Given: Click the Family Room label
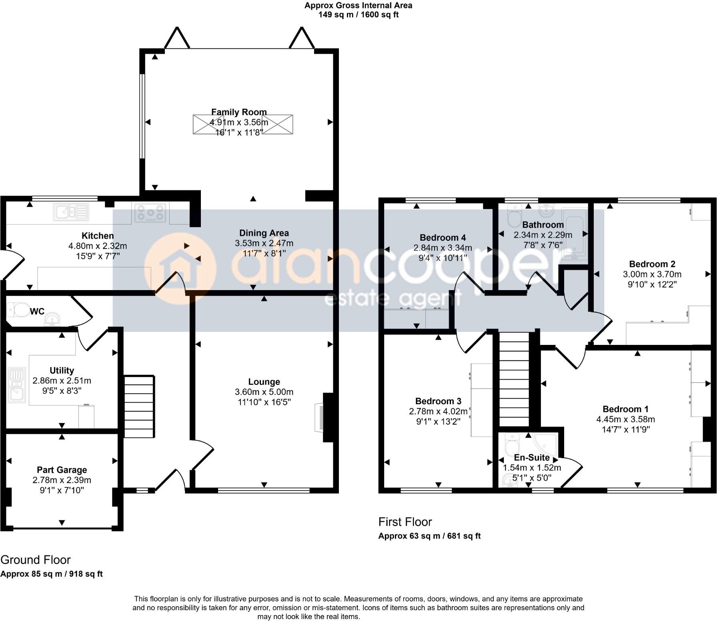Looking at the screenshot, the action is click(239, 112).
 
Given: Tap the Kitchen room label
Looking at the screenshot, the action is click(98, 236).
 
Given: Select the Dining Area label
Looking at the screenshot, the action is click(264, 233).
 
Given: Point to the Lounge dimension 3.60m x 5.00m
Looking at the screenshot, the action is click(264, 392).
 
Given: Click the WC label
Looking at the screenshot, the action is click(37, 311).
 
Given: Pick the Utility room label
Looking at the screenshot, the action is click(62, 370).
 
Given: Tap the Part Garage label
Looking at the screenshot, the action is click(62, 470).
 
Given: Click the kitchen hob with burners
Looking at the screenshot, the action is click(150, 212).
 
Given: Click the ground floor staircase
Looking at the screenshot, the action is click(139, 406).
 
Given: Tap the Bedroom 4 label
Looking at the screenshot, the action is click(443, 238).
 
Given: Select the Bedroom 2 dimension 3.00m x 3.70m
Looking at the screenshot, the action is click(652, 274).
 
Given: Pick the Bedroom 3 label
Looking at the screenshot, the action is click(438, 401).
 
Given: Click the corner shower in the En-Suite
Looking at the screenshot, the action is click(545, 444).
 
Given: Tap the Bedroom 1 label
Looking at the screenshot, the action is click(625, 409).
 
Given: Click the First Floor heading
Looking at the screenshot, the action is click(405, 522).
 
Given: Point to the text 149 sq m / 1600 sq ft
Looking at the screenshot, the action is click(358, 15).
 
